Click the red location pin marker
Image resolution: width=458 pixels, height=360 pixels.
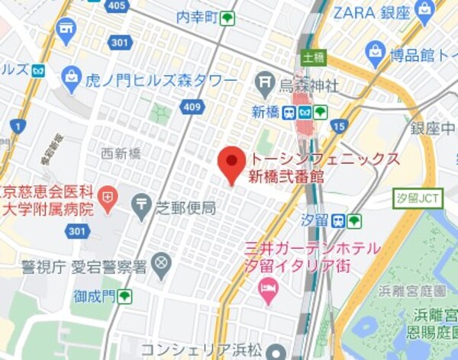click(231, 163)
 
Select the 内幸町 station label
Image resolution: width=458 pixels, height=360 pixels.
click(197, 18)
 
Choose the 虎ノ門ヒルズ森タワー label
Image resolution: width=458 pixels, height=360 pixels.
click(160, 81)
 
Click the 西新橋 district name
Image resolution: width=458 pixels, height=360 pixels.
click(121, 154)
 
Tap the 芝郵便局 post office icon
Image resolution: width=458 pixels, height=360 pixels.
click(142, 204)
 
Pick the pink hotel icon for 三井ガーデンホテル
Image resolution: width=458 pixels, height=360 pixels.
click(267, 288)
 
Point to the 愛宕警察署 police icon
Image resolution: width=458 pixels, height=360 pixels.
click(161, 265)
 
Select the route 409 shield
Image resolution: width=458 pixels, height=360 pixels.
click(192, 108)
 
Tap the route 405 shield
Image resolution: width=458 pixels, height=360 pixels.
click(117, 5)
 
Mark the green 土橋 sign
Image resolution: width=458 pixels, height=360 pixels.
click(313, 57)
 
